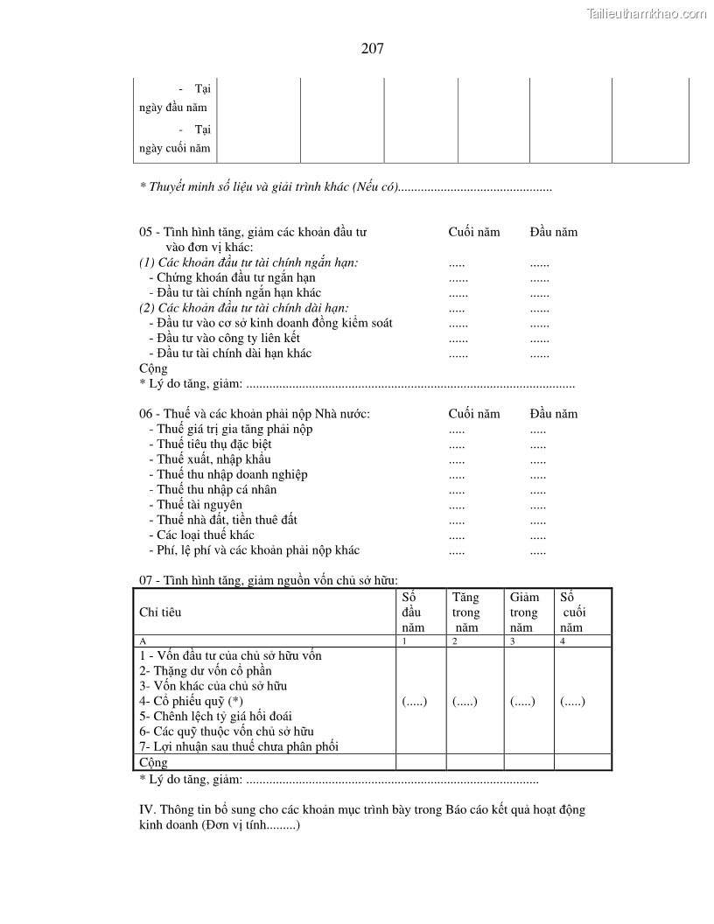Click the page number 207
[372, 49]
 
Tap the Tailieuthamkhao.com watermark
[646, 13]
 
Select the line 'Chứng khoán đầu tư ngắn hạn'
[236, 277]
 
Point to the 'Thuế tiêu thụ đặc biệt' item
[214, 444]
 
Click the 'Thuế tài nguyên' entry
[199, 504]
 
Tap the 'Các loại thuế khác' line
[206, 535]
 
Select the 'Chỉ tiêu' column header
[160, 612]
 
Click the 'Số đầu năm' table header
[412, 612]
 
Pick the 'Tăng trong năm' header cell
[465, 612]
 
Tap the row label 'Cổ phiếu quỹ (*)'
[191, 701]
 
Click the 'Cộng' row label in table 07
[153, 762]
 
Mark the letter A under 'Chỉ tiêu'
[143, 641]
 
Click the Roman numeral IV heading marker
[146, 809]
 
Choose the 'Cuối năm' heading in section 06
[474, 414]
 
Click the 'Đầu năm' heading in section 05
[553, 232]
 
